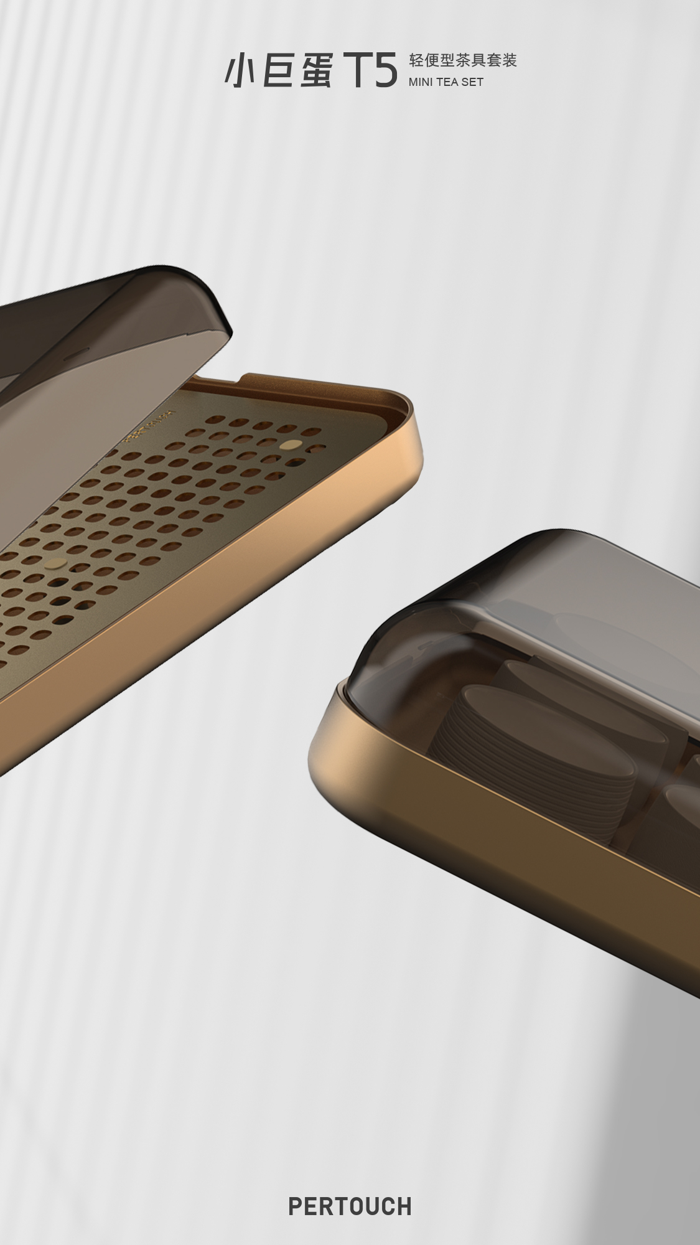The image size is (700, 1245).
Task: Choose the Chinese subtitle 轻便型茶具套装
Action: tap(463, 60)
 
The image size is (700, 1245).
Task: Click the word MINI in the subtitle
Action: tap(422, 82)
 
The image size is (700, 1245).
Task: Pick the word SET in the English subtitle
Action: tap(472, 82)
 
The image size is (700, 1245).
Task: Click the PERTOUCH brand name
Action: tap(350, 1207)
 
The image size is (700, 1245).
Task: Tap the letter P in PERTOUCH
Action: tap(296, 1207)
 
